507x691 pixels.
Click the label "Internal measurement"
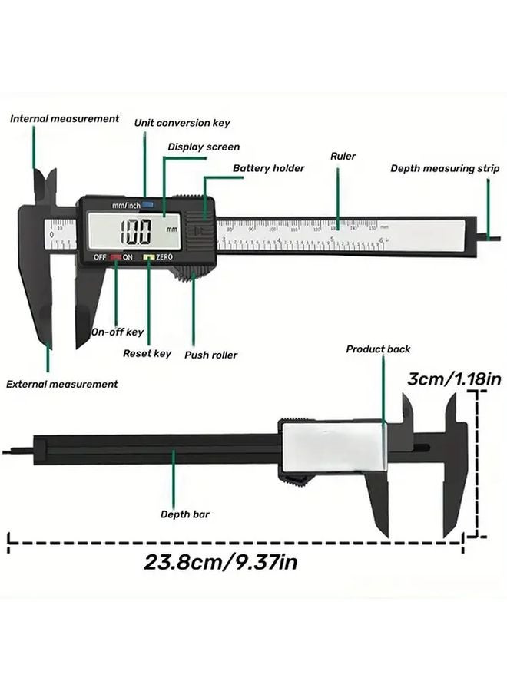pyautogui.click(x=65, y=119)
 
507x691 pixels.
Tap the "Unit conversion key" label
pyautogui.click(x=182, y=123)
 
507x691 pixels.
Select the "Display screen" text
pyautogui.click(x=204, y=147)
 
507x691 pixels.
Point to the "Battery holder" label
pyautogui.click(x=269, y=168)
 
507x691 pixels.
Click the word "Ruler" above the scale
pyautogui.click(x=343, y=157)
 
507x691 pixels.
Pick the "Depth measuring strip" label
pyautogui.click(x=445, y=168)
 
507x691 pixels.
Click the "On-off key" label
pyautogui.click(x=118, y=332)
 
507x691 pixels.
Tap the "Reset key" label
pyautogui.click(x=147, y=354)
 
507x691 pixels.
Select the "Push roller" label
pyautogui.click(x=210, y=355)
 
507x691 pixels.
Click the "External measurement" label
pyautogui.click(x=62, y=384)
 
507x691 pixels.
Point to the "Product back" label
pyautogui.click(x=378, y=349)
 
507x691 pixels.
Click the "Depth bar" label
pyautogui.click(x=185, y=514)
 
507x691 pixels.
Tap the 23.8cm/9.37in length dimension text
pyautogui.click(x=221, y=561)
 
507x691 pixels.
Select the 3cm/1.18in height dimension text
pyautogui.click(x=454, y=379)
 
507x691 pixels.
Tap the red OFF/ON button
pyautogui.click(x=115, y=258)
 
